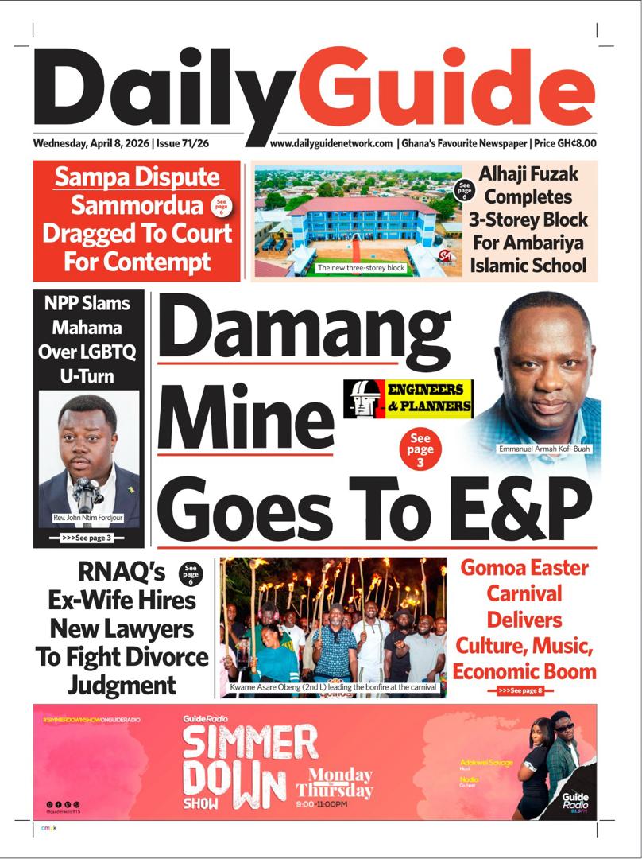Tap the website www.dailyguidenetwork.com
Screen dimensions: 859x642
(331, 144)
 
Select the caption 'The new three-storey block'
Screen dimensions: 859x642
(361, 268)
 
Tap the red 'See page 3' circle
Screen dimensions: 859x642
(421, 449)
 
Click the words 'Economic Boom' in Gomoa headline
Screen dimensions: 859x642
(524, 670)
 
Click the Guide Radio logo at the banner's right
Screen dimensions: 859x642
(574, 799)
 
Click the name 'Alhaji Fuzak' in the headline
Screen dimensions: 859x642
(528, 173)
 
